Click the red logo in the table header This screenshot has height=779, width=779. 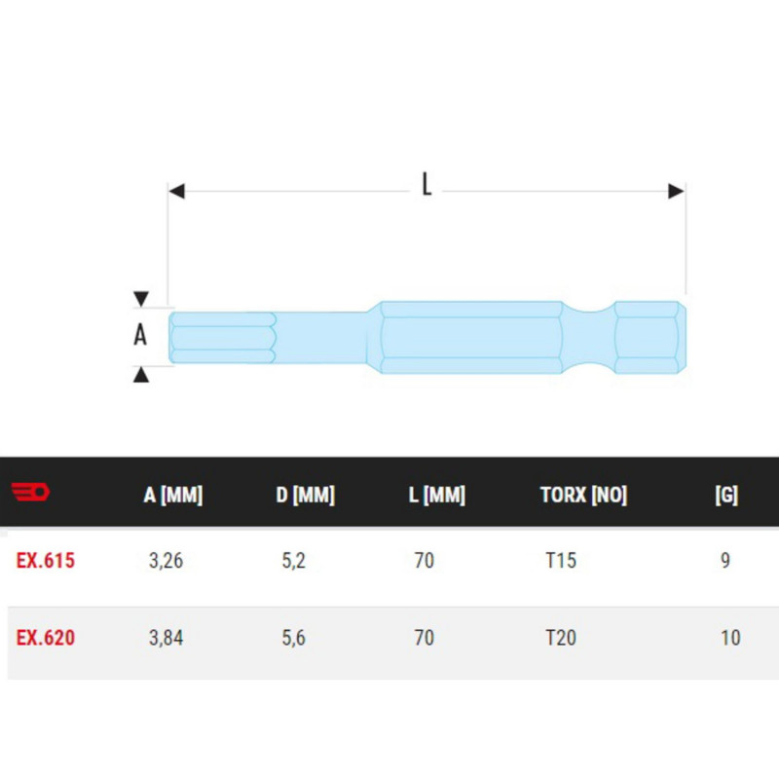(x=30, y=492)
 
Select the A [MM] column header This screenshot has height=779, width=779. (x=173, y=495)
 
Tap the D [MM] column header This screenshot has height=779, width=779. (x=306, y=495)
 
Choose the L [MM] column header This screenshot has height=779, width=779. (x=436, y=495)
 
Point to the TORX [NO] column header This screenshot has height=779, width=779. (x=583, y=495)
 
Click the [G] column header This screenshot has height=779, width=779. (x=726, y=495)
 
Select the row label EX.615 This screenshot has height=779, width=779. (x=45, y=561)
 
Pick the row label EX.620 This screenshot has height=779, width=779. (x=45, y=638)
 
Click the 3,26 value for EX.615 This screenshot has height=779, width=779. (x=166, y=561)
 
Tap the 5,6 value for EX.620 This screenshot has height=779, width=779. (x=294, y=638)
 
